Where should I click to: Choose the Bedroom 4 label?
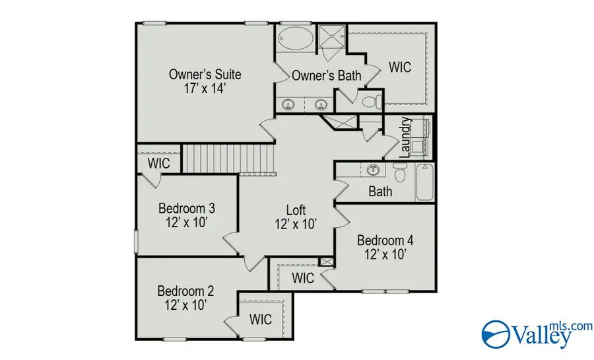(385, 240)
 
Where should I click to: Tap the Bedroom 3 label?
(187, 209)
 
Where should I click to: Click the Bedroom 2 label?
(185, 291)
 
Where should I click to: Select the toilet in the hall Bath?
(399, 174)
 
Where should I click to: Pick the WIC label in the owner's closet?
(400, 67)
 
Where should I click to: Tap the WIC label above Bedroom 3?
(159, 162)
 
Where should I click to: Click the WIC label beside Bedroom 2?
(260, 320)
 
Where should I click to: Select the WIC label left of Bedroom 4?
(303, 277)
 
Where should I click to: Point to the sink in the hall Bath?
(372, 169)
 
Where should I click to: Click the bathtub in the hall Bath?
(424, 183)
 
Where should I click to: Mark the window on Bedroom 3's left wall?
(136, 240)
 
